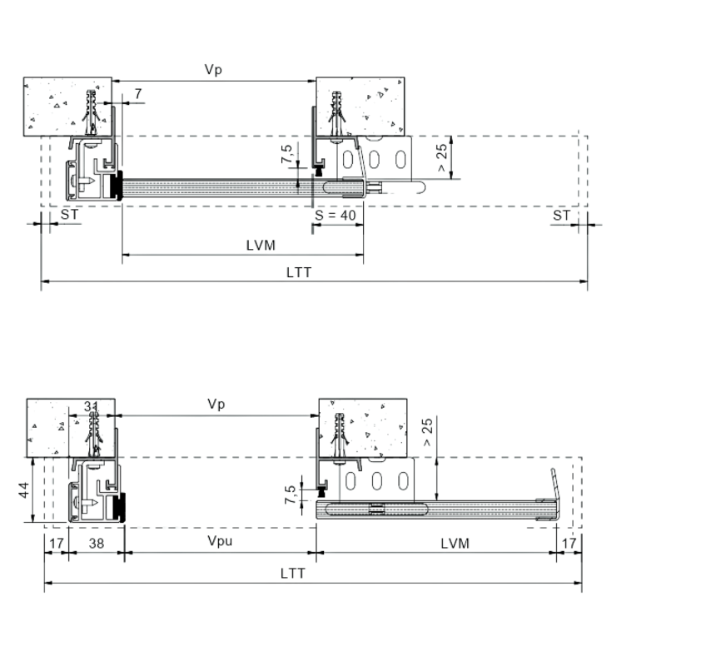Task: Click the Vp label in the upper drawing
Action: click(x=213, y=70)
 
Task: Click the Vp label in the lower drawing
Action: click(x=216, y=404)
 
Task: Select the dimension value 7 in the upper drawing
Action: click(x=138, y=93)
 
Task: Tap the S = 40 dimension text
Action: click(x=336, y=216)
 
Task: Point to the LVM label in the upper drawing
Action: click(x=261, y=246)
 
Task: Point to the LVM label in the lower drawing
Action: click(x=455, y=544)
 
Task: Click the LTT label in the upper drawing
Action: click(x=299, y=272)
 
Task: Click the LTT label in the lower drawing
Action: click(x=293, y=574)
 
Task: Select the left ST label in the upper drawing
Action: click(x=69, y=215)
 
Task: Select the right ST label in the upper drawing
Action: click(x=561, y=216)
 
